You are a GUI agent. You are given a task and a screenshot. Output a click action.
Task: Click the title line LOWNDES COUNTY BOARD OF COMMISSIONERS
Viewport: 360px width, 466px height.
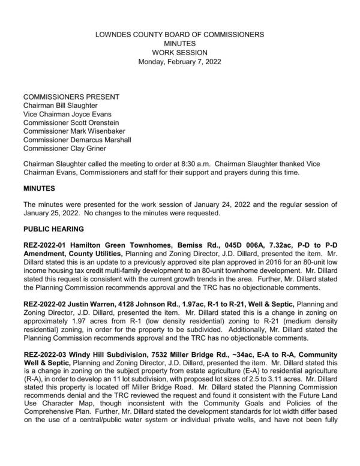tap(179, 35)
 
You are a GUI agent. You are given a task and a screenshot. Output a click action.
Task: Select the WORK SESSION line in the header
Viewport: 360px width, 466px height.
tap(179, 53)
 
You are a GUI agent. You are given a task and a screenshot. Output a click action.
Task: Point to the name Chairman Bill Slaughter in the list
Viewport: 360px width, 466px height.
tap(60, 106)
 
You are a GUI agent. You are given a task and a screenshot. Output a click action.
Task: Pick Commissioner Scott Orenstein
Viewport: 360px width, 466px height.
tap(71, 123)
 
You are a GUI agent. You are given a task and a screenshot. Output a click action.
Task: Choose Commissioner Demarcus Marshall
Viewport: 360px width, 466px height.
tap(77, 140)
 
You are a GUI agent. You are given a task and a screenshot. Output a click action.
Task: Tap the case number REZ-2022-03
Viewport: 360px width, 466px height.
tap(46, 356)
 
